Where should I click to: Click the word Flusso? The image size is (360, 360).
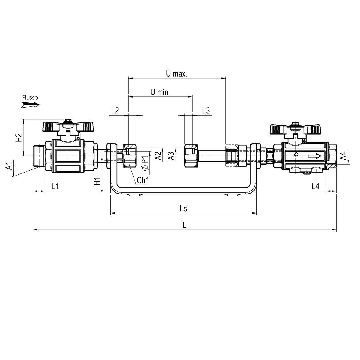tap(30, 98)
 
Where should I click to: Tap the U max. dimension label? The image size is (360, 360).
tap(176, 74)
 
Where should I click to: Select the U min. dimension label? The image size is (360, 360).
tap(160, 92)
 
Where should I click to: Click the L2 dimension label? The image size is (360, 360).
tap(115, 111)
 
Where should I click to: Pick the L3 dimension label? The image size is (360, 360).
tap(206, 111)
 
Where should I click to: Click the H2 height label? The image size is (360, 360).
tap(19, 137)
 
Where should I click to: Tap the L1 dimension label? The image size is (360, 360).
tap(55, 186)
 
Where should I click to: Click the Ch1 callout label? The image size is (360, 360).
tap(143, 180)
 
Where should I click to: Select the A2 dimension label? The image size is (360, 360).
tap(158, 156)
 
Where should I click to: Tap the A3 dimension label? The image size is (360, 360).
tap(172, 156)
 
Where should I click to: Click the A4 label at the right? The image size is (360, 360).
tap(343, 156)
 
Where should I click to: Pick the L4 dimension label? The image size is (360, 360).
tap(315, 186)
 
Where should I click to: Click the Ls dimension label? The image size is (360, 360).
tap(183, 209)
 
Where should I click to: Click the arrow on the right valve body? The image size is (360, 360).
tap(314, 156)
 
